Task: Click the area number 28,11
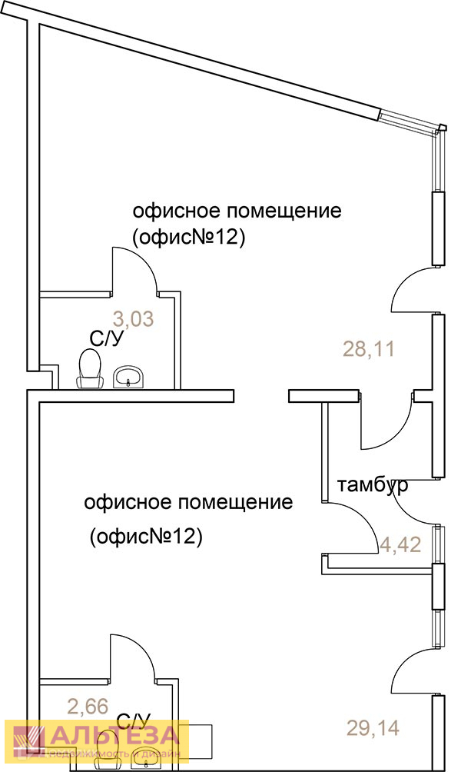coord(368,350)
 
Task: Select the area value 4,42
coord(400,546)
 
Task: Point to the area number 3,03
coord(134,318)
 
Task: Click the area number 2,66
coord(88,705)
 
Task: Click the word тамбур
coord(372,486)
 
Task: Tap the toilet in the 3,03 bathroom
coord(91,368)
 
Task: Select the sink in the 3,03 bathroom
coord(128,377)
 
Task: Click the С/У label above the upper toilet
coord(107,338)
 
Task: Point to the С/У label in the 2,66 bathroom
coord(133,721)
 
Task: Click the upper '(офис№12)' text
coord(188,238)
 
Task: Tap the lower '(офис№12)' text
coord(145,536)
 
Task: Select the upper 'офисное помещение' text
coord(237,211)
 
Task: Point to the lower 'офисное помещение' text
coord(188,503)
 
